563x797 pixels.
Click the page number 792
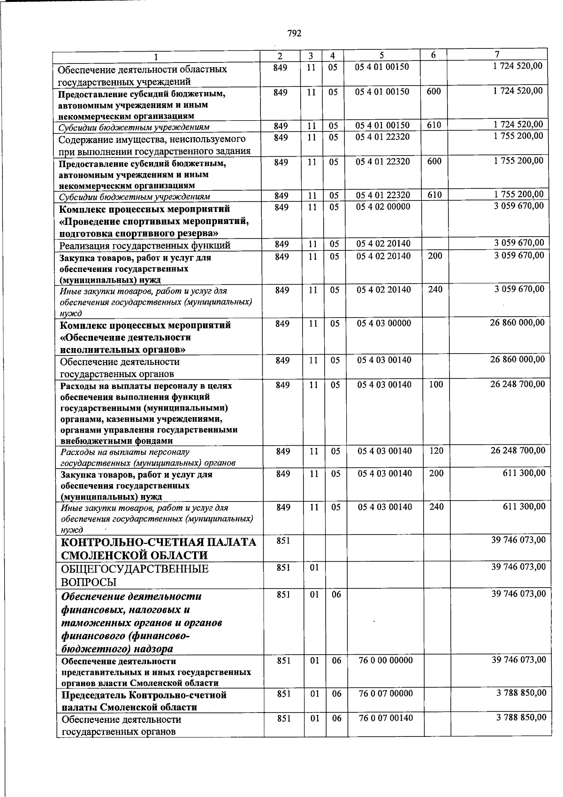[x=294, y=33]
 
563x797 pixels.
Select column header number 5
[x=381, y=55]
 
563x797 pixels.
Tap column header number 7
[x=496, y=54]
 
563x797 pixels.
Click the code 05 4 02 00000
[x=383, y=207]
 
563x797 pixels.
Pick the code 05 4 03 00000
[x=384, y=323]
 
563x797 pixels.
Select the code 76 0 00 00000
[x=386, y=660]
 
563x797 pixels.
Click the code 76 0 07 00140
[x=386, y=718]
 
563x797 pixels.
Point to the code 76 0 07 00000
[x=386, y=694]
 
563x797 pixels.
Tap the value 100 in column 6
[x=436, y=384]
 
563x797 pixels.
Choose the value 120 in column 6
[x=436, y=451]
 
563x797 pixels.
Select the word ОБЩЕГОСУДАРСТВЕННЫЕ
[x=135, y=569]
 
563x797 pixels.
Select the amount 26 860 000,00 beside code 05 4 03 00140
[x=517, y=360]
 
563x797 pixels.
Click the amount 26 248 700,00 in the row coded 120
[x=518, y=451]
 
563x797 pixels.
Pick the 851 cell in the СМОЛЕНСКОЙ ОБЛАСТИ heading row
[x=283, y=541]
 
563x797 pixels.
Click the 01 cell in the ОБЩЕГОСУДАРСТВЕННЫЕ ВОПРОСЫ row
[x=314, y=568]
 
